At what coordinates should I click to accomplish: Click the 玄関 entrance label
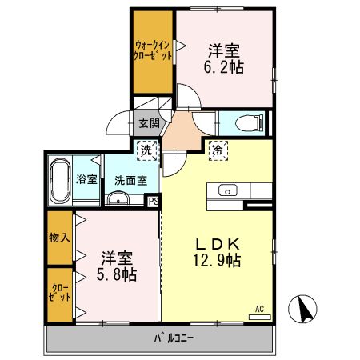(148, 124)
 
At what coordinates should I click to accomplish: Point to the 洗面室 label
(129, 180)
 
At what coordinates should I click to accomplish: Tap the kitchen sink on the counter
(226, 191)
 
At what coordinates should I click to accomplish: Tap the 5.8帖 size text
(117, 275)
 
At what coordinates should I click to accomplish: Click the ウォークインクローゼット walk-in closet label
(153, 51)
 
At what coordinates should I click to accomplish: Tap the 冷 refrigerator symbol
(217, 148)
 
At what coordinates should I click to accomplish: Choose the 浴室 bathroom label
(86, 179)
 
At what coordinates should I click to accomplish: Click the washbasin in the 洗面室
(117, 198)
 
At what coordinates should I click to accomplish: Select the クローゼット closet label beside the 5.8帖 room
(59, 292)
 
